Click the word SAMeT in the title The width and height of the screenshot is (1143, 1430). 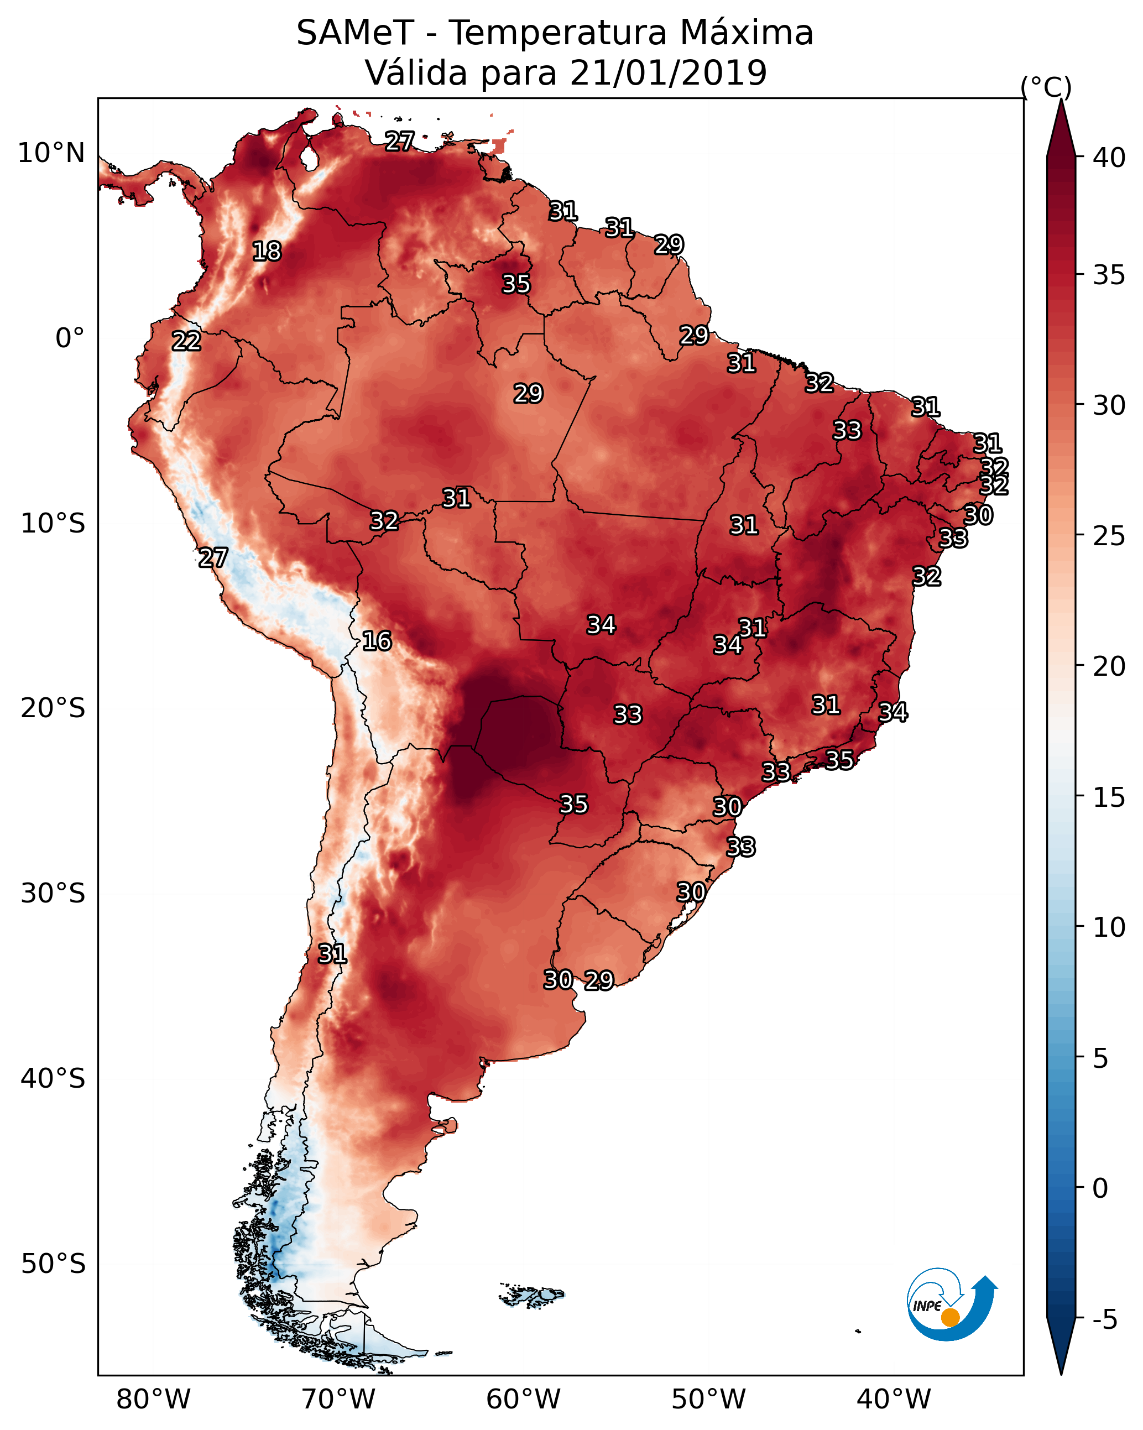click(354, 33)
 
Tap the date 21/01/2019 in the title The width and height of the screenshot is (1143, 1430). click(667, 73)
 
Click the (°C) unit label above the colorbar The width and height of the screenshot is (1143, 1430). click(1046, 87)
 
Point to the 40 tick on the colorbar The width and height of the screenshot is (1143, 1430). click(1109, 158)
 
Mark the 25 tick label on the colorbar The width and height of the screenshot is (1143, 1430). click(1109, 536)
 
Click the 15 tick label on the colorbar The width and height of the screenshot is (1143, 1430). click(1109, 797)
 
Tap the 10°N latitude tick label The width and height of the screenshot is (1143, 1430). click(51, 153)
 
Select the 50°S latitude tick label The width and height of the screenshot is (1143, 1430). click(53, 1264)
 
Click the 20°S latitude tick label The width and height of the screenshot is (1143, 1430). click(53, 708)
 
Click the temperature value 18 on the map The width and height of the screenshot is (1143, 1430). click(267, 252)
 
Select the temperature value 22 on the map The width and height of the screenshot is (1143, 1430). click(186, 341)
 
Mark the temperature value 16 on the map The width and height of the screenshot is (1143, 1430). click(377, 641)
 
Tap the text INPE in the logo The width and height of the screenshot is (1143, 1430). click(927, 1306)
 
